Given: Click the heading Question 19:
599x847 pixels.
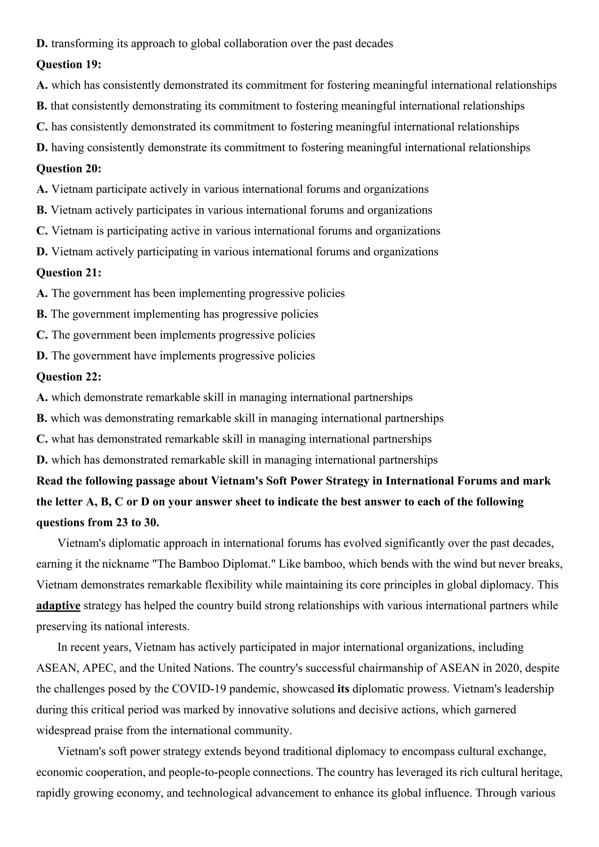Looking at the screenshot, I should (69, 65).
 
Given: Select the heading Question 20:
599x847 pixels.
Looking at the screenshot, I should (69, 168).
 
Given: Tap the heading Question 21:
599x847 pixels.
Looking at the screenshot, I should (69, 273).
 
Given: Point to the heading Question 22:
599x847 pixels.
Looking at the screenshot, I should (69, 377).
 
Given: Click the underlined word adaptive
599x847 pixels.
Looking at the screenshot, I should (58, 606).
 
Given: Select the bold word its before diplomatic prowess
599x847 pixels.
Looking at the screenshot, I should (343, 689).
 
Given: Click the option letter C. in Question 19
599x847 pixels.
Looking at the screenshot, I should (42, 127).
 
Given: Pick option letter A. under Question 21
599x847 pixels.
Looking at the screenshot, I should (42, 294).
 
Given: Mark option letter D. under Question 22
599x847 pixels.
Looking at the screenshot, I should (42, 460).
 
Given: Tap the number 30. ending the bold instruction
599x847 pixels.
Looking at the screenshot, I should (151, 523).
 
